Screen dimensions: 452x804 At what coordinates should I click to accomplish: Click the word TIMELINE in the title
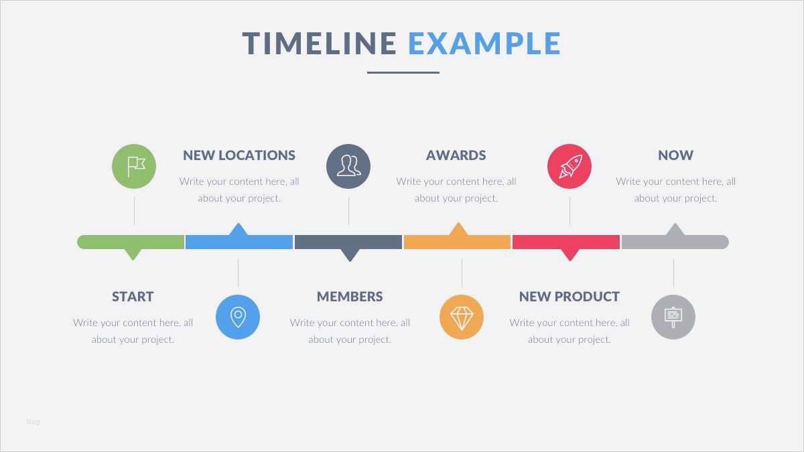point(320,44)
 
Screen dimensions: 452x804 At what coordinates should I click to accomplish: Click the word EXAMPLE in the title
point(484,44)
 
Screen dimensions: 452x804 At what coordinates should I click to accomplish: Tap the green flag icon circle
point(134,166)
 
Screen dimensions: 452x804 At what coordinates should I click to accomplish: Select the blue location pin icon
point(238,317)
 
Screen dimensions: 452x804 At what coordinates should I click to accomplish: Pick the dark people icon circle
point(348,166)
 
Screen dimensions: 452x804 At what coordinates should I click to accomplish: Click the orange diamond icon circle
point(462,317)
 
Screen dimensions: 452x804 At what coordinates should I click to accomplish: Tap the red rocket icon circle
point(569,166)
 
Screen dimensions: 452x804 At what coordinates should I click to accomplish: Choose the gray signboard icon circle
point(673,317)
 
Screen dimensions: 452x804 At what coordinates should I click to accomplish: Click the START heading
point(133,297)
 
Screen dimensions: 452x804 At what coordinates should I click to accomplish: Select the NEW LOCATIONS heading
point(239,155)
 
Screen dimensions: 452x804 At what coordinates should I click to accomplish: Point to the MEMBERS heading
point(350,297)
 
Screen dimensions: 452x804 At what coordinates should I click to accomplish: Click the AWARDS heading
point(456,155)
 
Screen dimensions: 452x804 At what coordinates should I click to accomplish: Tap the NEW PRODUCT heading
point(569,297)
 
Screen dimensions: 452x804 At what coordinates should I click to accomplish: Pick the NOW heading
point(675,155)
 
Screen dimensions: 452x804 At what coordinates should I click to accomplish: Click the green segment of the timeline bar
point(131,242)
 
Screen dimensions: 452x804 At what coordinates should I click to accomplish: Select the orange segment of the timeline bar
point(457,242)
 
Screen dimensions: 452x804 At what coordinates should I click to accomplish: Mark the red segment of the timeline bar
point(566,242)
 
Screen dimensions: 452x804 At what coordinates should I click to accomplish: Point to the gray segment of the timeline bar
point(675,242)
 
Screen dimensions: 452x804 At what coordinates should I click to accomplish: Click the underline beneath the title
point(403,72)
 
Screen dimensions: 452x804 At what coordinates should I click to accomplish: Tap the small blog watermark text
point(33,422)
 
